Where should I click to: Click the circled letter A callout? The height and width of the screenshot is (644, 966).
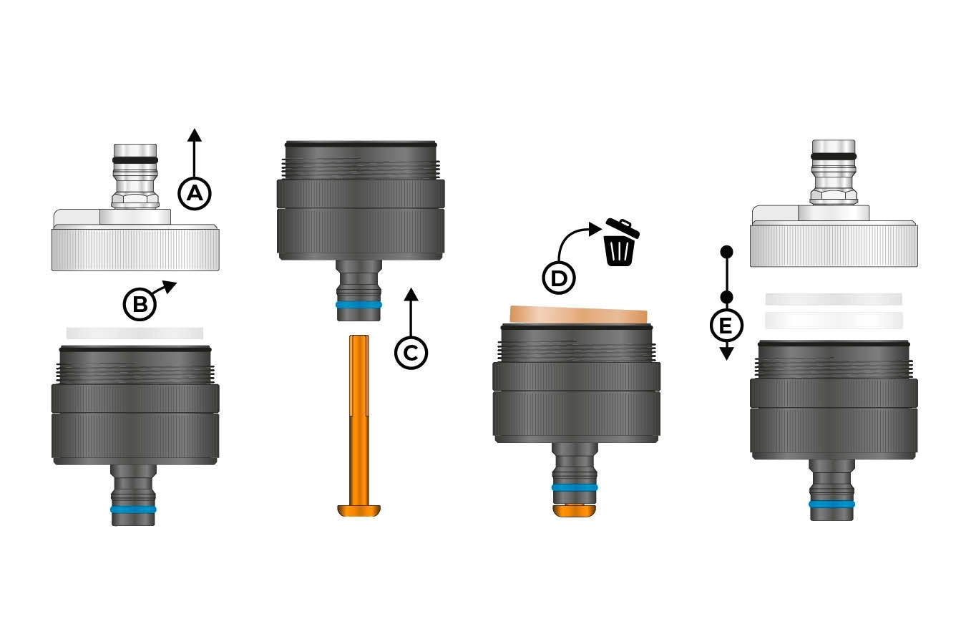coord(195,193)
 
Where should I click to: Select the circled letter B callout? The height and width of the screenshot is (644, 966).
coord(140,304)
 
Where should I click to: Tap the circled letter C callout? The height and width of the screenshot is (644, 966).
coord(411,353)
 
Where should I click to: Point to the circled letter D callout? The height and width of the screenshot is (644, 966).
coord(559,278)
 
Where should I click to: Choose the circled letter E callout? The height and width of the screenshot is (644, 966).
coord(727,326)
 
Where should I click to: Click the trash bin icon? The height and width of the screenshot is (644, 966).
coord(621,242)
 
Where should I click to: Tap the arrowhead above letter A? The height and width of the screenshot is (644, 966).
coord(195,135)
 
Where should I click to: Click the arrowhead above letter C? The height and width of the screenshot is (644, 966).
coord(411,295)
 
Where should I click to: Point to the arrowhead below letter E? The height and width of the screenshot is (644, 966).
coord(727,353)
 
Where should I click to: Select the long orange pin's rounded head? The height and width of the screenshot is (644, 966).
coord(358,510)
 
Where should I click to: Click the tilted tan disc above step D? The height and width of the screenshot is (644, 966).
coord(578,314)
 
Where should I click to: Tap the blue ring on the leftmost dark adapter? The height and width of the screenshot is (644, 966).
coord(133,509)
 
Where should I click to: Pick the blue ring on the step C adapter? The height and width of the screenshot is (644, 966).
coord(358,305)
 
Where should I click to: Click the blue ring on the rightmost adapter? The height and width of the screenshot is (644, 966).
coord(832,504)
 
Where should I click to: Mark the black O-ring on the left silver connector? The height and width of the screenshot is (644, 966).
coord(135,160)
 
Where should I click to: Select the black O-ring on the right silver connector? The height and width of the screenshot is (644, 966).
coord(834,156)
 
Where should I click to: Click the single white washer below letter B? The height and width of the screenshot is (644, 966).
coord(135,333)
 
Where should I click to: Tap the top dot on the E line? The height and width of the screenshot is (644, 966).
coord(727,251)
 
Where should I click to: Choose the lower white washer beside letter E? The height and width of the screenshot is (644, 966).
coord(834,321)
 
